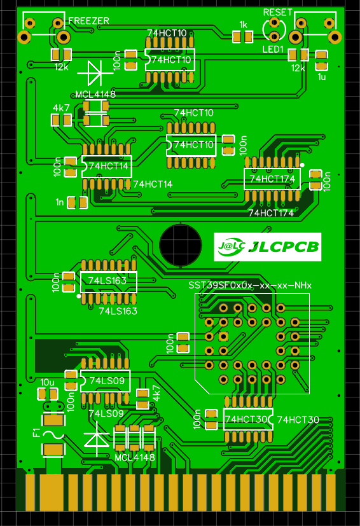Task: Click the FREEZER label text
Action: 88,21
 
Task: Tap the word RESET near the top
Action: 277,12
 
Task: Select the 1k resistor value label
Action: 242,25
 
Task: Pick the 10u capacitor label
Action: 48,382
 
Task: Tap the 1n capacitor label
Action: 60,202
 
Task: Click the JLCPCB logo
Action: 268,247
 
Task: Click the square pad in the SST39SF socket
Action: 223,336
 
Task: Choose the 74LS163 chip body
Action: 108,280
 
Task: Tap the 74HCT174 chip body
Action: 272,179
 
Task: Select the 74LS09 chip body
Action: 105,380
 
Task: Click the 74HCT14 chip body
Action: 106,166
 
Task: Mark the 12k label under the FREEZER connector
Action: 61,67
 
